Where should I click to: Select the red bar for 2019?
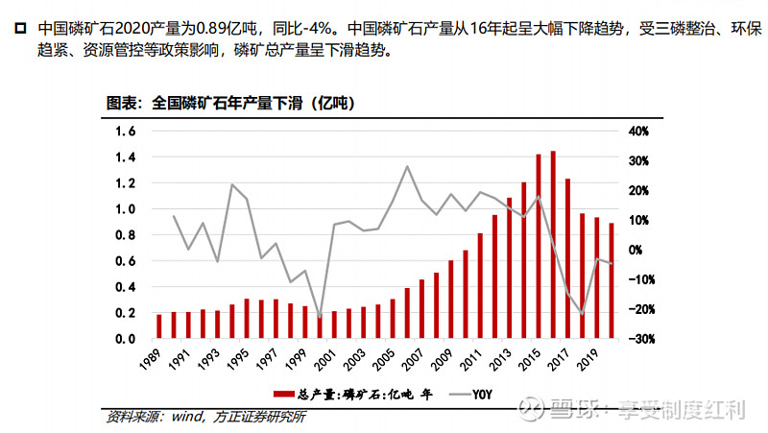pos(596,277)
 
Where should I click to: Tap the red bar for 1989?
pos(159,326)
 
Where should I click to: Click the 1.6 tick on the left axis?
pos(125,131)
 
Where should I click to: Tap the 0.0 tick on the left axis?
pos(125,339)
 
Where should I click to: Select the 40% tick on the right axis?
pos(641,131)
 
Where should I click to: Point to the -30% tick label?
pos(640,339)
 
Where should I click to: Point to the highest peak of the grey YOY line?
pos(407,166)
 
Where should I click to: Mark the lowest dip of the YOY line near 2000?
pos(320,318)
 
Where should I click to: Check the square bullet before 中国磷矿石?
pos(20,32)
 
